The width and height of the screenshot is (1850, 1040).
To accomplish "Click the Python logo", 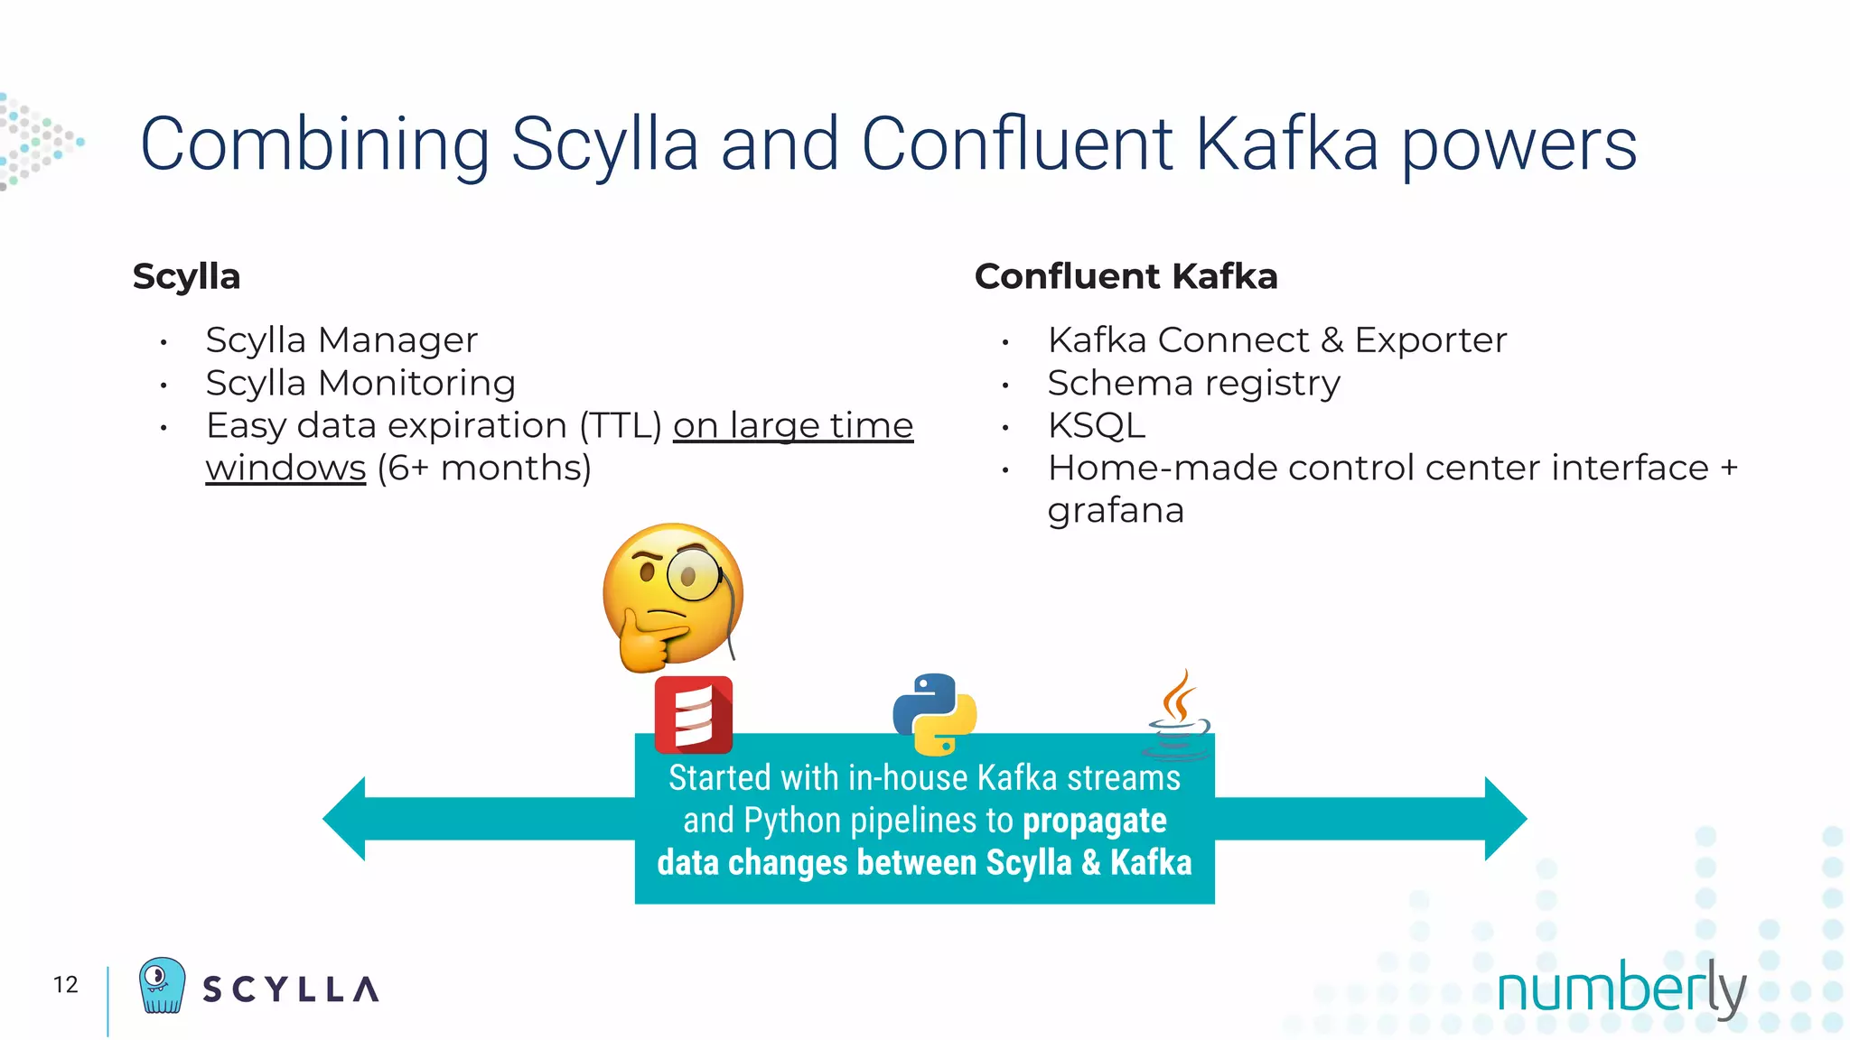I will (x=934, y=713).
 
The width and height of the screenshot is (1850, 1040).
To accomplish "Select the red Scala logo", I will (x=693, y=714).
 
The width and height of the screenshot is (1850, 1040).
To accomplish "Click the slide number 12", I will (x=66, y=984).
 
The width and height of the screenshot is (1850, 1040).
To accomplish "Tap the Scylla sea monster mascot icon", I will (x=162, y=985).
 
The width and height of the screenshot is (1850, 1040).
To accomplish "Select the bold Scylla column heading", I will (x=186, y=276).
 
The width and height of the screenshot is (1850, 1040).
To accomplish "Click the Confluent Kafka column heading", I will (x=1126, y=276).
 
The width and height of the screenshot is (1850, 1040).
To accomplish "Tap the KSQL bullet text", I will (x=1096, y=425).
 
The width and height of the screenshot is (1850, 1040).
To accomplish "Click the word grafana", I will (x=1115, y=511).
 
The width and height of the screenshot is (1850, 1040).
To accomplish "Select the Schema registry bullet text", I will (x=1193, y=384).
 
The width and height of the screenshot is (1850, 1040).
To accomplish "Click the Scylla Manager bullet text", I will (x=341, y=340).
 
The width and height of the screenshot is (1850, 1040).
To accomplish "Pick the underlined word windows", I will (x=285, y=469).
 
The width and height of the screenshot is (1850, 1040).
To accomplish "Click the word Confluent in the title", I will (x=1016, y=144).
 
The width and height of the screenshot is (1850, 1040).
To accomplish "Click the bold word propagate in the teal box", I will (x=1094, y=821).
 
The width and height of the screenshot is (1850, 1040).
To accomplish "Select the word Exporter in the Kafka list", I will (x=1430, y=340).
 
